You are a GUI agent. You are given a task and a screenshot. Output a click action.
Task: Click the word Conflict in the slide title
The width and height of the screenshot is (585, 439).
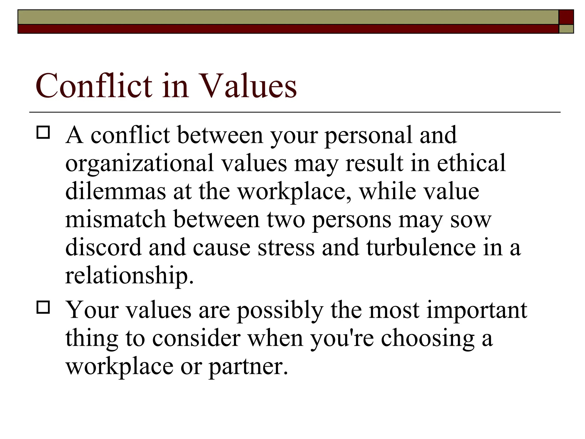(x=94, y=85)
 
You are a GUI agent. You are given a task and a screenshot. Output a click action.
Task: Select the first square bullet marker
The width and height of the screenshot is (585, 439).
(x=43, y=133)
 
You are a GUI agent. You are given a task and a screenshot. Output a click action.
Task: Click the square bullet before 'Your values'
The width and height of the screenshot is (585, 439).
(x=43, y=308)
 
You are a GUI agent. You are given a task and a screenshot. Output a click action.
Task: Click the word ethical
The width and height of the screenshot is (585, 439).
(x=471, y=163)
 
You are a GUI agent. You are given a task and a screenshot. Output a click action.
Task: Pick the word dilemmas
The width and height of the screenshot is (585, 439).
(x=115, y=191)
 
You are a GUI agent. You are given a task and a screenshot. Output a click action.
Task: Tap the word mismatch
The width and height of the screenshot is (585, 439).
(x=115, y=219)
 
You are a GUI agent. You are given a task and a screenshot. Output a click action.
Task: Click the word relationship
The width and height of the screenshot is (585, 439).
(x=129, y=276)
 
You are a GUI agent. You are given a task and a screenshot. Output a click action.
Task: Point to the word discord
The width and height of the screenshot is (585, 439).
(x=103, y=247)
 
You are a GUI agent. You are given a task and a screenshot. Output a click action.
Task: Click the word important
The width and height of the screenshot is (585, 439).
(x=477, y=310)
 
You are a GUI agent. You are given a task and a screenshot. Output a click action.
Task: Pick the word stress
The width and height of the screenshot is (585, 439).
(x=286, y=248)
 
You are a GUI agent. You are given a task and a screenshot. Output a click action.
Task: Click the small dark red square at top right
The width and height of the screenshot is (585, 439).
(x=566, y=17)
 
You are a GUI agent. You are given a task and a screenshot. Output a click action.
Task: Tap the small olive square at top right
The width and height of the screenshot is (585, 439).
(x=566, y=29)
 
